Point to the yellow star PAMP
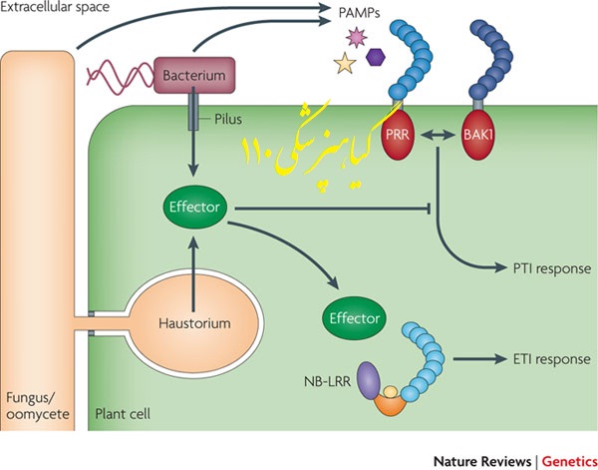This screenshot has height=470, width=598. pyautogui.click(x=345, y=65)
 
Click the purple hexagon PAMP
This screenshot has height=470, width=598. pyautogui.click(x=375, y=58)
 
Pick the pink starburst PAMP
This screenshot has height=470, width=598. pyautogui.click(x=350, y=38)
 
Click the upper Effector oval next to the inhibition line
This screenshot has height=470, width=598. pyautogui.click(x=194, y=210)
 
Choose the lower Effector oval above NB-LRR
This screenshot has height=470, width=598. pyautogui.click(x=353, y=318)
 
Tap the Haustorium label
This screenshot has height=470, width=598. pyautogui.click(x=195, y=324)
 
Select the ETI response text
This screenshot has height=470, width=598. pyautogui.click(x=542, y=359)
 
